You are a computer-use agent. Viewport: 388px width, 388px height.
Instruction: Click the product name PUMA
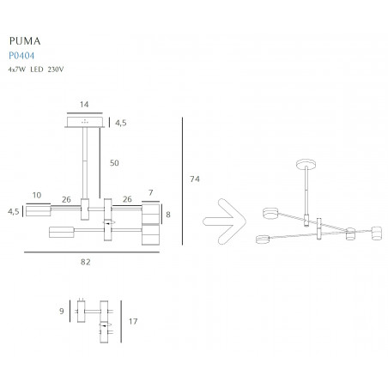[x=25, y=41]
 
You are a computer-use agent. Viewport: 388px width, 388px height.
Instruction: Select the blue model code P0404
[x=21, y=55]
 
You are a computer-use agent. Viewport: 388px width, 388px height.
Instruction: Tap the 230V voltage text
[x=56, y=70]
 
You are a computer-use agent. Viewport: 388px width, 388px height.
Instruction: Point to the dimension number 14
[x=84, y=105]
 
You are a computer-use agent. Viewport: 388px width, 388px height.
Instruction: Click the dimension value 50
[x=114, y=163]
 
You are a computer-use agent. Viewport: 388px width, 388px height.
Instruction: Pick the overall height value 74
[x=195, y=179]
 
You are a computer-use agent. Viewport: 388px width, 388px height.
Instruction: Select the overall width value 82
[x=86, y=262]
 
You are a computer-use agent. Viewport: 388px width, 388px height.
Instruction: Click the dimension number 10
[x=37, y=195]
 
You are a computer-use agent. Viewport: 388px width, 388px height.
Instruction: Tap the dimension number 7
[x=151, y=192]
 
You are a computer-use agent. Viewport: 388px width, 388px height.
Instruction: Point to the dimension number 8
[x=168, y=215]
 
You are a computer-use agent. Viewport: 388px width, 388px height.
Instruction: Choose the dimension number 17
[x=133, y=322]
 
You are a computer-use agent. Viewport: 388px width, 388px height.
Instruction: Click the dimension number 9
[x=62, y=311]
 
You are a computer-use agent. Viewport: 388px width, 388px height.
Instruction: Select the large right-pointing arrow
[x=225, y=221]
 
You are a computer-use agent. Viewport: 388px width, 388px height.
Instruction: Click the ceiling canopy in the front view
[x=85, y=122]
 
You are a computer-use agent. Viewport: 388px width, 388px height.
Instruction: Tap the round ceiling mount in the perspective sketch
[x=306, y=165]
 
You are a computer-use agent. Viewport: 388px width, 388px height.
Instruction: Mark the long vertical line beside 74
[x=182, y=181]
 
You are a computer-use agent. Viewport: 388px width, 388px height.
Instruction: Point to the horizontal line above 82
[x=92, y=252]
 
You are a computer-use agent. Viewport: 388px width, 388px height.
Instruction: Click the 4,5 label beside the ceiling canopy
[x=121, y=123]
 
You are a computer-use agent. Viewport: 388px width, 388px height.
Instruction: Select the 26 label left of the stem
[x=66, y=199]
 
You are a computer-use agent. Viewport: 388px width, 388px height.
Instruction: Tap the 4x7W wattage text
[x=17, y=70]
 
